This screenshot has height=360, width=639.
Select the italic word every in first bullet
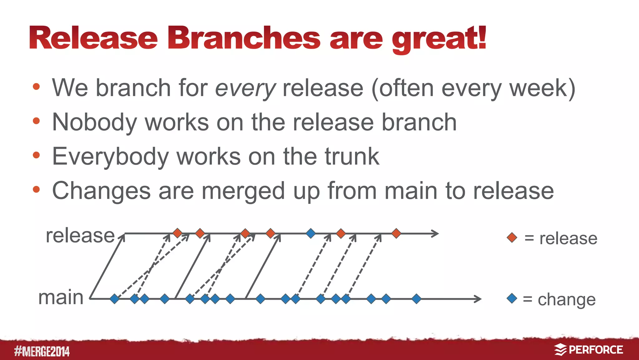pos(246,88)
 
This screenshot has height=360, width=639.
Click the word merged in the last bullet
pos(243,191)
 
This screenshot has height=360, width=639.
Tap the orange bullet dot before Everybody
pos(37,155)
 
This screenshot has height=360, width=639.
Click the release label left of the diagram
pos(80,235)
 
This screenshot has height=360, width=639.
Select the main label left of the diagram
pos(61,297)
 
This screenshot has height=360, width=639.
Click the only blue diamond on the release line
pos(310,233)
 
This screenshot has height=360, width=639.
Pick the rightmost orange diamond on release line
pos(396,233)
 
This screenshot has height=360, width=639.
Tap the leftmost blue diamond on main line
pos(115,299)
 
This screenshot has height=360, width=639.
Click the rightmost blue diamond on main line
pos(416,299)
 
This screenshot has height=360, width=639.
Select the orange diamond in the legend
pos(512,237)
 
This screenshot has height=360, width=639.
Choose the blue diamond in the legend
pos(512,298)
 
